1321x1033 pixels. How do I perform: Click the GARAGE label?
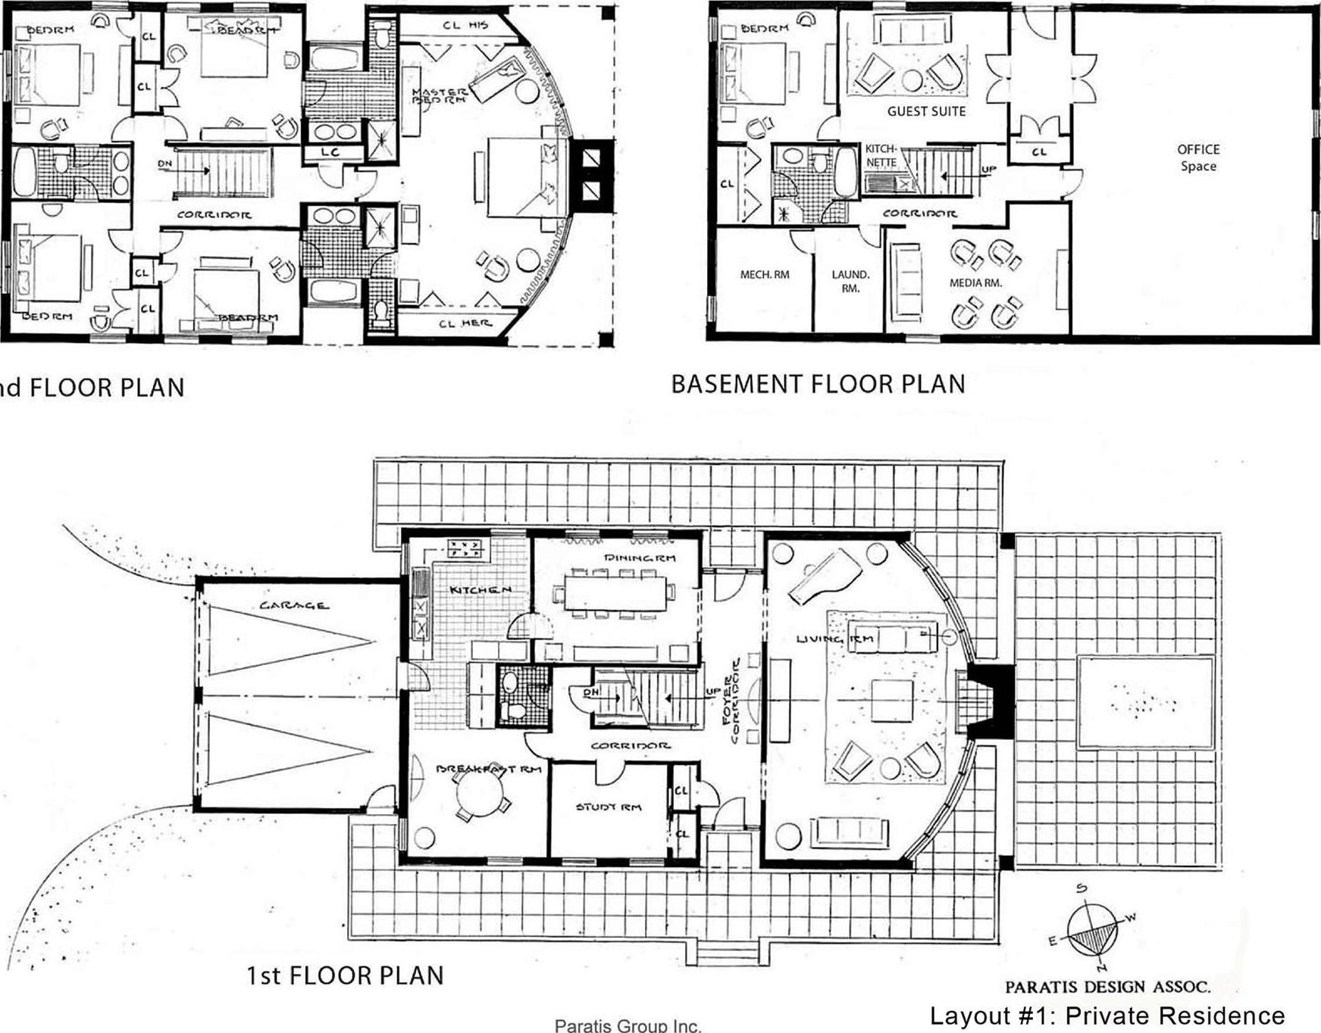293,605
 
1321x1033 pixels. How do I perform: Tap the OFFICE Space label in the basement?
1197,158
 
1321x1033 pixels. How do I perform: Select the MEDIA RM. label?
975,282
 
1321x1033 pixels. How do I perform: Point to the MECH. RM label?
764,274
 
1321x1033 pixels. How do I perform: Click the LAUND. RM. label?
850,281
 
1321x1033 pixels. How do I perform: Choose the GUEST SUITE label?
926,111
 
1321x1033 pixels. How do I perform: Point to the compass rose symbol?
1092,931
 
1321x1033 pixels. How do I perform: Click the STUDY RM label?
608,807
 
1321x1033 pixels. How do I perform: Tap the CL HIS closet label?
465,25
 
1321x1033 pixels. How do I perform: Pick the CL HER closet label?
465,323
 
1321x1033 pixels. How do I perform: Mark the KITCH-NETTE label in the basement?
881,156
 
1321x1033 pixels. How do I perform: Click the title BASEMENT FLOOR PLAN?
818,384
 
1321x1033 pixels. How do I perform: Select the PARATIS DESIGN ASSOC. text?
1107,987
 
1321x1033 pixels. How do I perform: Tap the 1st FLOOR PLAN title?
345,975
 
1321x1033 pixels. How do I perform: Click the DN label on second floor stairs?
164,164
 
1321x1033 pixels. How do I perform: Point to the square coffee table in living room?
891,700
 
